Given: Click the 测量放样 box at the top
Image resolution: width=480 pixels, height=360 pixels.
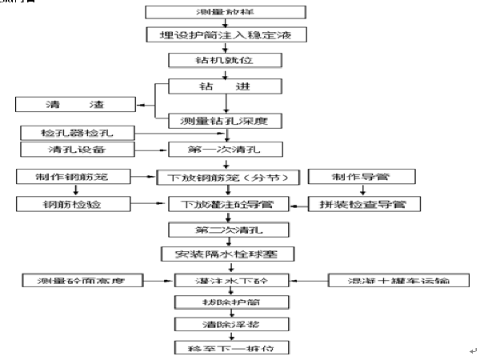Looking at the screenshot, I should pyautogui.click(x=227, y=13).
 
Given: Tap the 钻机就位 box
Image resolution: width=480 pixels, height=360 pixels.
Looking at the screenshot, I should pyautogui.click(x=227, y=59).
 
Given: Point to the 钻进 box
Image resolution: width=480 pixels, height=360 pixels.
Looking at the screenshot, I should pyautogui.click(x=230, y=86).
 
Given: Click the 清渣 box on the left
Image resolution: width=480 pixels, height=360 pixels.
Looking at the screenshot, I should pyautogui.click(x=74, y=104).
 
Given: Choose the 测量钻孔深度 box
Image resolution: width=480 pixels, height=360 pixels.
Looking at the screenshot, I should pyautogui.click(x=230, y=121).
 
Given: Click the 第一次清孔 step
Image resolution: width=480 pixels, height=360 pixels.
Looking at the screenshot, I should pyautogui.click(x=226, y=150).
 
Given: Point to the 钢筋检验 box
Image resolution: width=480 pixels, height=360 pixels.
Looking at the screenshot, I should pyautogui.click(x=74, y=204).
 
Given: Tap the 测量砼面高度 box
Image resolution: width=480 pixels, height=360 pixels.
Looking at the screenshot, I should pyautogui.click(x=82, y=281).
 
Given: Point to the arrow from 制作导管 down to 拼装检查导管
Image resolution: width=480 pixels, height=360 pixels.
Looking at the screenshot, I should pyautogui.click(x=364, y=190).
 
